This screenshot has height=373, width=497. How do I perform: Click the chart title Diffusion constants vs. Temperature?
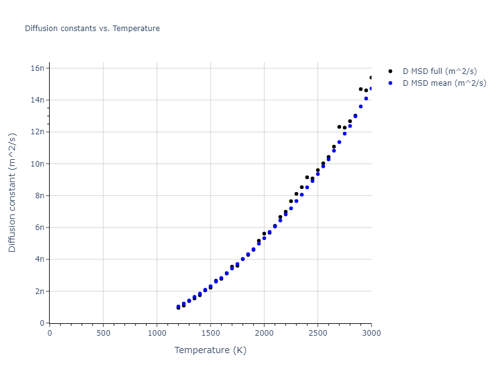coord(92,29)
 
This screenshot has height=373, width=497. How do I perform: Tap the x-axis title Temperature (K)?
coord(210,350)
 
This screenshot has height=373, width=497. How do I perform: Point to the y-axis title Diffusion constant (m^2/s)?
coord(12,193)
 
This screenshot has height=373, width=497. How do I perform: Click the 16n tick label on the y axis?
coord(38,68)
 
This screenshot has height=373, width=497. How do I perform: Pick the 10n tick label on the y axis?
coord(38,163)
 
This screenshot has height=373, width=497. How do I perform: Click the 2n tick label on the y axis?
coord(40,291)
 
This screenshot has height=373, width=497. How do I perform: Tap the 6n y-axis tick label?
coord(40,228)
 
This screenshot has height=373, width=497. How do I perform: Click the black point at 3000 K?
coord(371,78)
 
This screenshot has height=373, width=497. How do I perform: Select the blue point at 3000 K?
coord(371,88)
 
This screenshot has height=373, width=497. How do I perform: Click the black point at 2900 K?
coord(360,89)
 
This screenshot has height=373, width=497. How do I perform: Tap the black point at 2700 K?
coord(339,127)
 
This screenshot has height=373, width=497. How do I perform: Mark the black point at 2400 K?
coord(307,177)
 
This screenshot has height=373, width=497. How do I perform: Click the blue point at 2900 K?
coord(360,106)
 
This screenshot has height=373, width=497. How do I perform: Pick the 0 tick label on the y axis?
coord(42,323)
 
